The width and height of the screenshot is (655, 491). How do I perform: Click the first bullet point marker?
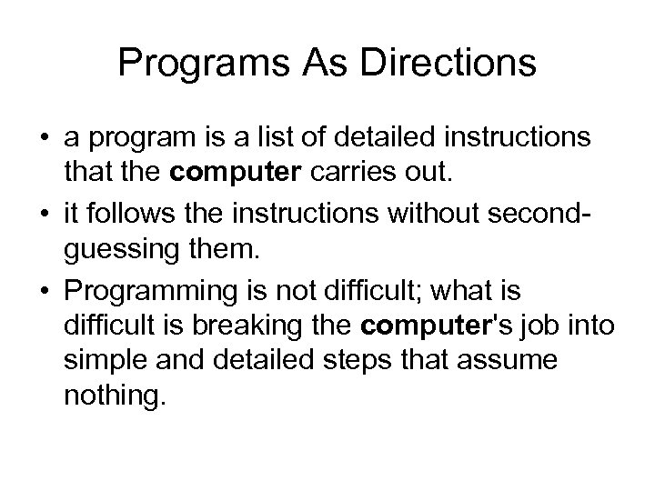click(43, 137)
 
